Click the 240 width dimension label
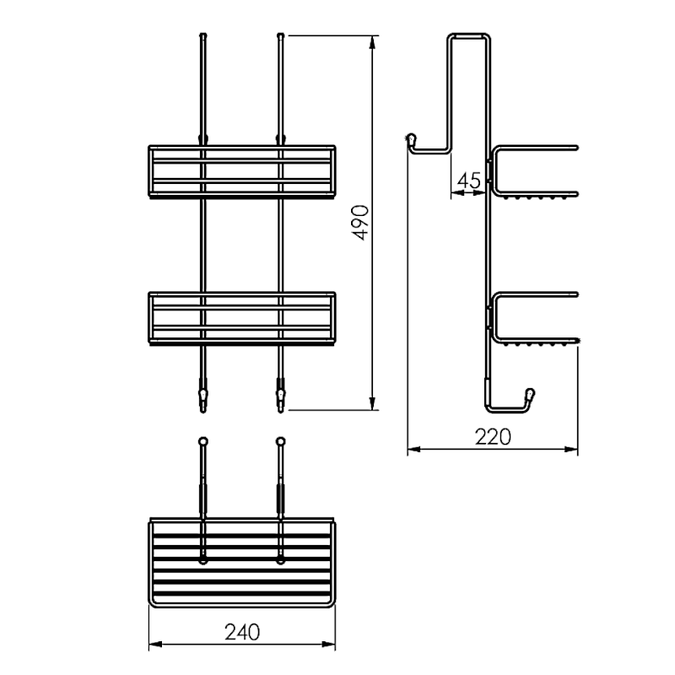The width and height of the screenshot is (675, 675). coord(242,632)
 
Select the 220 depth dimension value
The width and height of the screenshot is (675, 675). coord(493,437)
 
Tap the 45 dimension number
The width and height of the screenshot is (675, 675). coord(469,181)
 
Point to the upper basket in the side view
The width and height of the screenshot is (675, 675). coord(495,172)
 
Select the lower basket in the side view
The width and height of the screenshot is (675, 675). coord(495,319)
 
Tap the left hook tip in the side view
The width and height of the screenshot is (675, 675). coord(412,139)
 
